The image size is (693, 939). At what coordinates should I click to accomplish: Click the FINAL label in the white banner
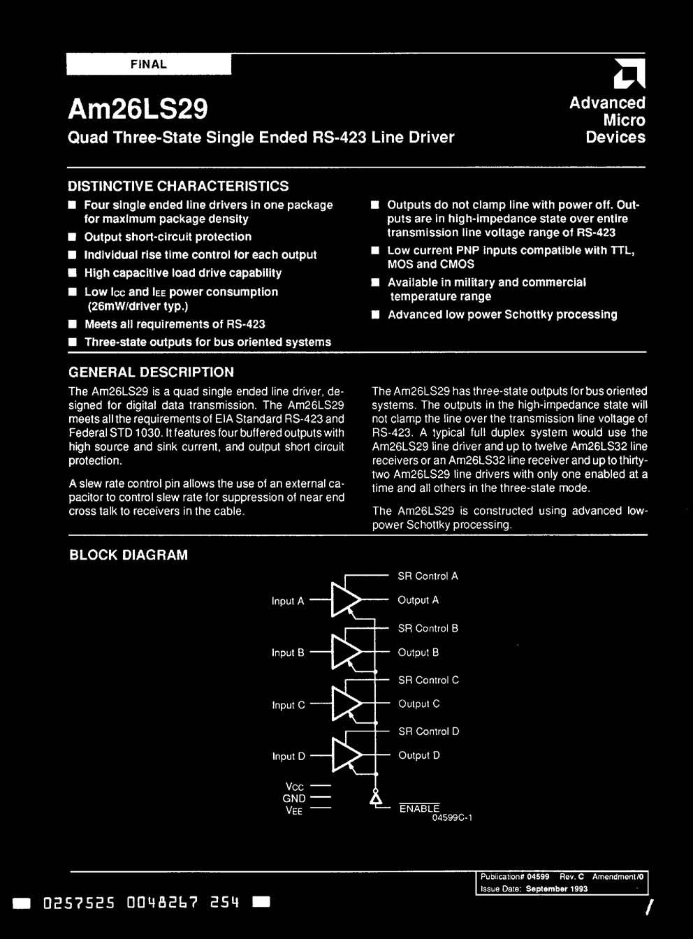tap(148, 64)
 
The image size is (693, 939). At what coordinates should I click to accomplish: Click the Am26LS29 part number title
tap(138, 109)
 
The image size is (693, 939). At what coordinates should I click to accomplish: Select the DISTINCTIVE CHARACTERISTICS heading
tap(178, 186)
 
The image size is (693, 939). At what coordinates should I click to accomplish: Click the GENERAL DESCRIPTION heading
tap(151, 372)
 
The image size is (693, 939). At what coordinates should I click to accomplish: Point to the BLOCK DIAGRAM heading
tap(129, 555)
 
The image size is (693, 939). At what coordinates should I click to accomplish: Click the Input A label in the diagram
tap(288, 601)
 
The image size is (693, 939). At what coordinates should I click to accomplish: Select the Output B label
tap(418, 653)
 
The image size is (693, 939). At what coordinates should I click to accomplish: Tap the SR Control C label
tap(428, 680)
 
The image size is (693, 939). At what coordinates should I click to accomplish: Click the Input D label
tap(289, 756)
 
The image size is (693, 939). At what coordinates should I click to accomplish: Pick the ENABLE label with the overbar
tap(419, 808)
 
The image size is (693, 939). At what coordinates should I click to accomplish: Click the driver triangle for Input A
tap(345, 600)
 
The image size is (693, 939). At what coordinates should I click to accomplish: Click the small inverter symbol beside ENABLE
tap(376, 798)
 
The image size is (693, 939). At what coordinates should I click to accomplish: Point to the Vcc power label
tap(294, 787)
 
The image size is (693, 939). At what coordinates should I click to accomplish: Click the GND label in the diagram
tap(294, 799)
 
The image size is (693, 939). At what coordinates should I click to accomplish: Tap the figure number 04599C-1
tap(452, 818)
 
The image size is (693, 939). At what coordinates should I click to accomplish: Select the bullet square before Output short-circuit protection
tap(71, 237)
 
